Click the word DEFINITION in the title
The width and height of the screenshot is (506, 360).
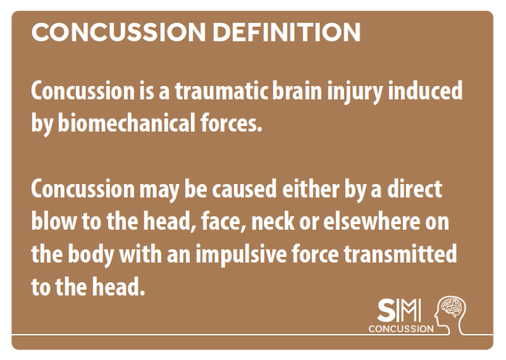(286, 32)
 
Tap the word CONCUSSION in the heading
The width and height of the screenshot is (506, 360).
(119, 32)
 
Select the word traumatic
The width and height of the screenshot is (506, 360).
(222, 91)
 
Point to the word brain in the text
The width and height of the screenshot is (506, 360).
(297, 91)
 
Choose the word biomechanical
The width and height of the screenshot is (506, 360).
(127, 123)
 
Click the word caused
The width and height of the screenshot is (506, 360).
(244, 189)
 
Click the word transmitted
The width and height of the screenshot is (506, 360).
(400, 254)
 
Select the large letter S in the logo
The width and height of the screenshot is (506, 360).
(386, 311)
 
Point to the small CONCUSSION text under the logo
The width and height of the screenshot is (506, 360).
(401, 329)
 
